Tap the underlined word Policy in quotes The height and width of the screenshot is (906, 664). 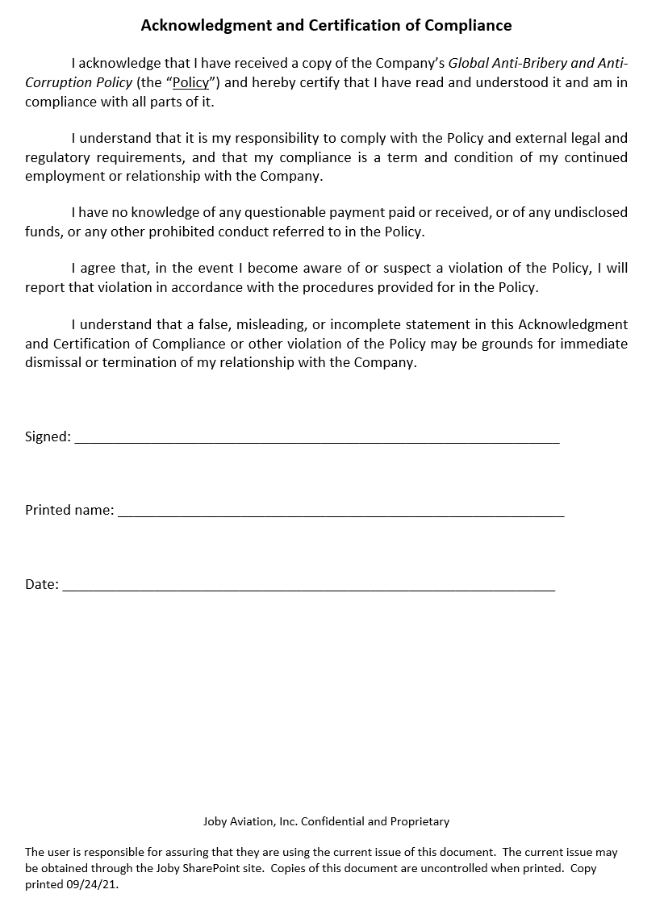[x=190, y=83]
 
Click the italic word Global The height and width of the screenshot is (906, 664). [x=470, y=64]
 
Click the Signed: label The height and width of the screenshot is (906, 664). [x=48, y=436]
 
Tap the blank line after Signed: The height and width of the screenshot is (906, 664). [x=316, y=441]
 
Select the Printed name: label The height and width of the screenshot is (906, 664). [x=69, y=510]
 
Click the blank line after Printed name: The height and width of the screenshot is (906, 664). [x=340, y=515]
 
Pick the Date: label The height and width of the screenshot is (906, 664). [x=41, y=584]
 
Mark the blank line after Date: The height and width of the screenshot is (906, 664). [x=308, y=589]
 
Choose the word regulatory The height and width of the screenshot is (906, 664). [x=62, y=157]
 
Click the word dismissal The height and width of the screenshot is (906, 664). [x=53, y=362]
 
